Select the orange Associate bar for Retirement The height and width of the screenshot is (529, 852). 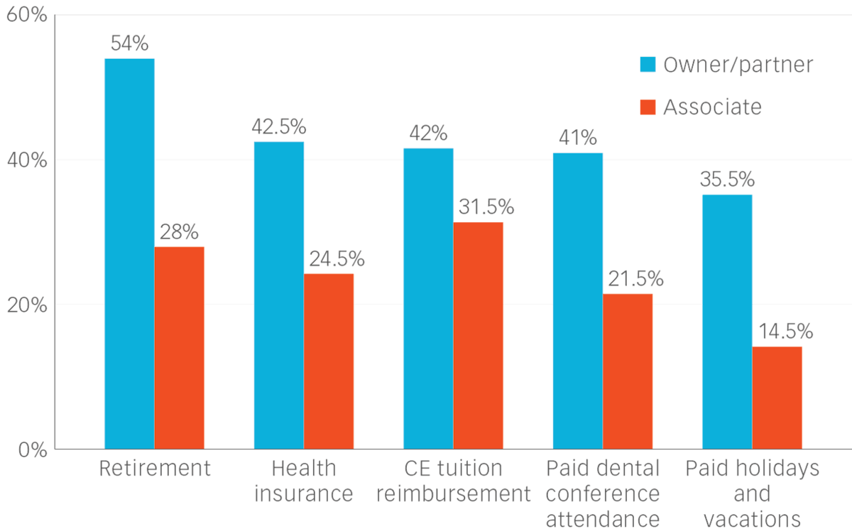[x=180, y=347]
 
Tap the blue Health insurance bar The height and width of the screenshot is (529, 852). [x=279, y=295]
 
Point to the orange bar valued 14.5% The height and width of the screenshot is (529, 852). [x=777, y=397]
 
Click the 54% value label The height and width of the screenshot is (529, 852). [x=129, y=44]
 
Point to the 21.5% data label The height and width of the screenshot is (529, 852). [x=634, y=279]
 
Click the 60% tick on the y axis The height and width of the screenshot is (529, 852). [x=26, y=15]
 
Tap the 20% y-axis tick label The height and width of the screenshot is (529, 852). [x=26, y=305]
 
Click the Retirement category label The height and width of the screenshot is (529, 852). [x=154, y=469]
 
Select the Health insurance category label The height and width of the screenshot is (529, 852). [x=304, y=481]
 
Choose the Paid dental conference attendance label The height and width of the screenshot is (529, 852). [x=603, y=493]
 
